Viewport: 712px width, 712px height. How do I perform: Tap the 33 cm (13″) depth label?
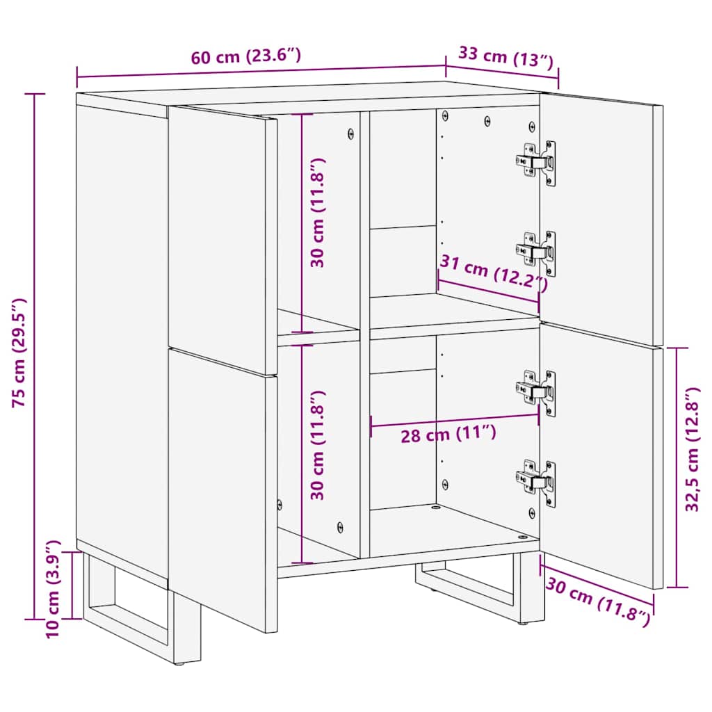[505, 57]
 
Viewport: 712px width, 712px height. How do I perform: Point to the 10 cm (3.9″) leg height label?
[54, 590]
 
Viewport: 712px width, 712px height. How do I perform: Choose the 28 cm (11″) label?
[448, 435]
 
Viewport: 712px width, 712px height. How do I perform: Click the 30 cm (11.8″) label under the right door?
[598, 596]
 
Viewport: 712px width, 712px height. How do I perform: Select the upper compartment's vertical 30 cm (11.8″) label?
[318, 213]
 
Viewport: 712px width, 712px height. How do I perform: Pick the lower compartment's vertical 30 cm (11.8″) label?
[318, 445]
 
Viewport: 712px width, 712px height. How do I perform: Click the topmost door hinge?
[536, 162]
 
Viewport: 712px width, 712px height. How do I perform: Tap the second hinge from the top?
[536, 251]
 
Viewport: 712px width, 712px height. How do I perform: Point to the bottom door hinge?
[536, 480]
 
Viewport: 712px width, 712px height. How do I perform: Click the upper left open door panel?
[221, 236]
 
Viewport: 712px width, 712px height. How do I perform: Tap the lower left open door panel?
[221, 487]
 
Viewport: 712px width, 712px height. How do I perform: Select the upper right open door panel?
[598, 216]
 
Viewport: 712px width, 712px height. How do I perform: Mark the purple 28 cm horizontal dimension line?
[455, 420]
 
